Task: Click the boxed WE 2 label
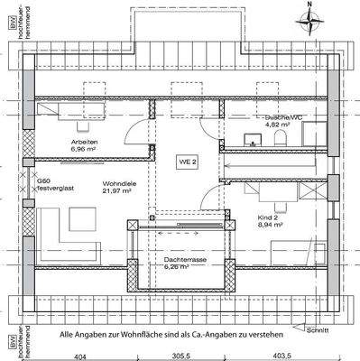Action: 186,160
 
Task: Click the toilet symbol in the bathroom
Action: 281,137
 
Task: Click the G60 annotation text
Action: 43,181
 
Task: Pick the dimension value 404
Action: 79,356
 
